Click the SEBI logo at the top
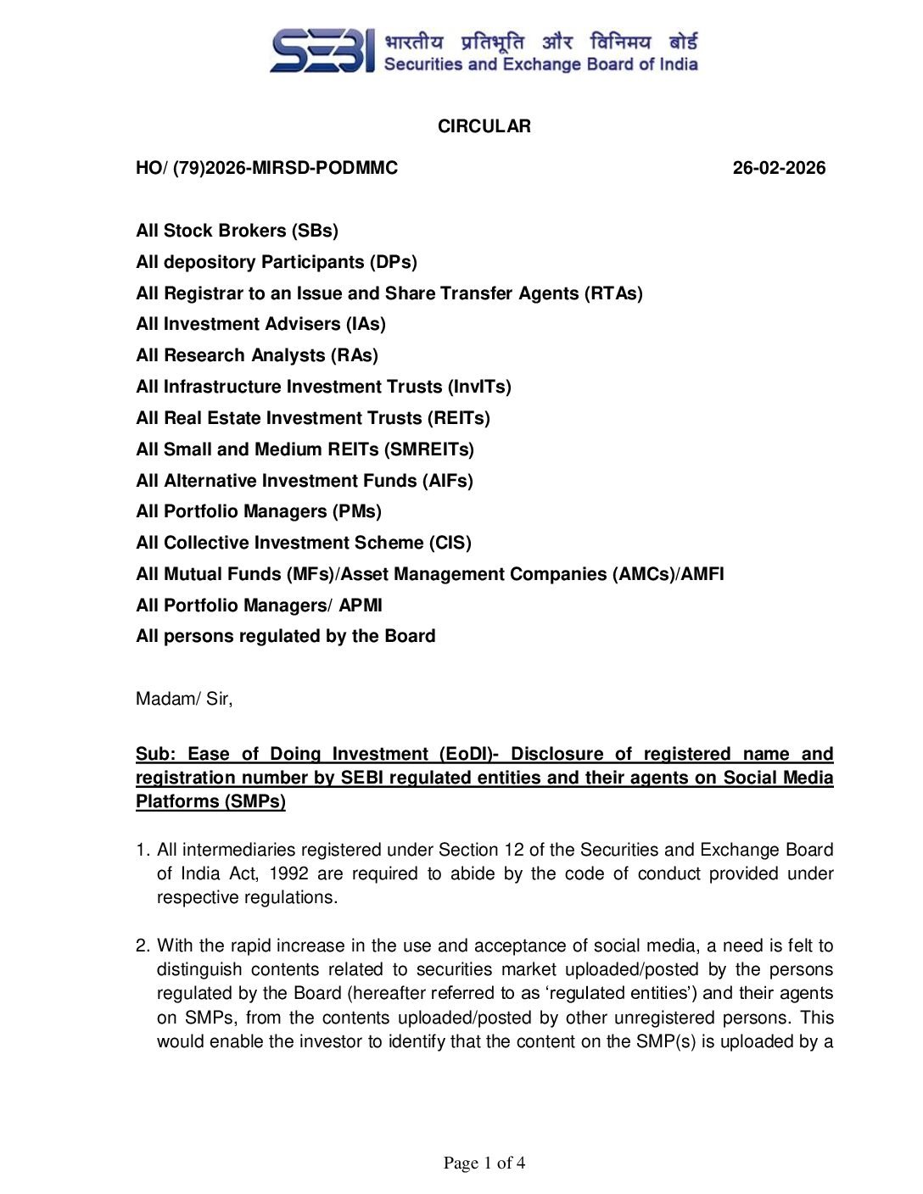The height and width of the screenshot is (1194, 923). pos(322,51)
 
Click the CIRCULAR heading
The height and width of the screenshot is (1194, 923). pos(484,126)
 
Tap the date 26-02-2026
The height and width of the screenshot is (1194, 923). pos(779,168)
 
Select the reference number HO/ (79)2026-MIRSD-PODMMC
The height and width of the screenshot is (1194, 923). pos(266,168)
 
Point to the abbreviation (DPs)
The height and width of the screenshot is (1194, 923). pos(394,262)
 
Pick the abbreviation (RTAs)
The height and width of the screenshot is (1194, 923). pos(613,293)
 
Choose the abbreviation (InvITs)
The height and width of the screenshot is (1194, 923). pos(479,387)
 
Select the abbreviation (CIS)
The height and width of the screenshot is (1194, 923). pos(450,543)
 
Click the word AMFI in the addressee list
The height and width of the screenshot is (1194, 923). pos(702,574)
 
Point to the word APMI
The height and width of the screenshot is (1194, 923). pos(361,605)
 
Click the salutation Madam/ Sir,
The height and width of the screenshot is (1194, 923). pos(184,699)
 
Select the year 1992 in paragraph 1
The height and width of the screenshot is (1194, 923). pos(288,873)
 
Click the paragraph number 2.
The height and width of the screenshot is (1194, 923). pos(143,946)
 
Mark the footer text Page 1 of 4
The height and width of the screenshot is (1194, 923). pos(484,1163)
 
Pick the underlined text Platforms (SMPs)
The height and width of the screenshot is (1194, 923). pos(210,801)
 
